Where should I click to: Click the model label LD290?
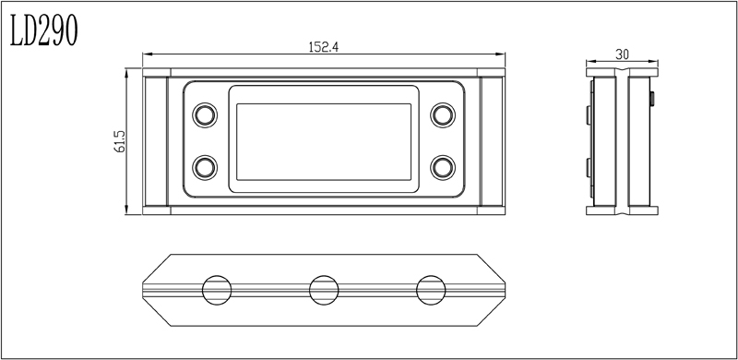click(43, 30)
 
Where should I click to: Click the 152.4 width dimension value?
click(324, 47)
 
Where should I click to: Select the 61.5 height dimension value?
click(120, 141)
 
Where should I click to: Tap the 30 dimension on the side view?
click(622, 54)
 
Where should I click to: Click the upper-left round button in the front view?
click(205, 115)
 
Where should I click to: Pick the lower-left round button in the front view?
click(205, 167)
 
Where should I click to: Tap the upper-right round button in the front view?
click(443, 115)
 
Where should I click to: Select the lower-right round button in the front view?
click(443, 167)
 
